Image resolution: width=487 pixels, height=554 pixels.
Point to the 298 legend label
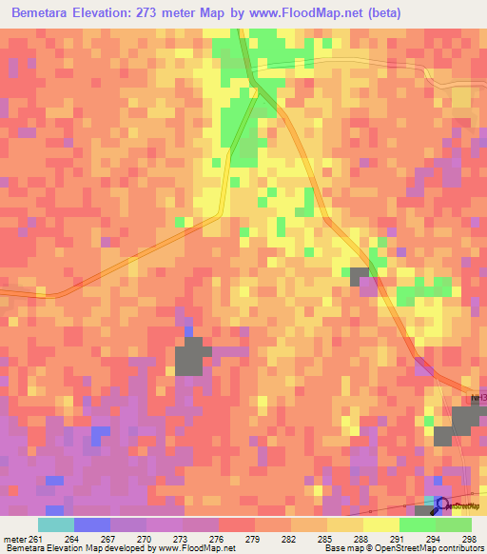[468, 538]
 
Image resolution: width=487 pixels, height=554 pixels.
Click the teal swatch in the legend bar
[55, 524]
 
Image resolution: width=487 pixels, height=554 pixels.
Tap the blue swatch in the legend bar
[91, 524]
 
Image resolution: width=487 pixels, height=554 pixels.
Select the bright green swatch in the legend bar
[417, 524]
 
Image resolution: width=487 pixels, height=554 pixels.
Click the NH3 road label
[477, 398]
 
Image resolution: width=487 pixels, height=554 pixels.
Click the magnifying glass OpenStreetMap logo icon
[441, 504]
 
